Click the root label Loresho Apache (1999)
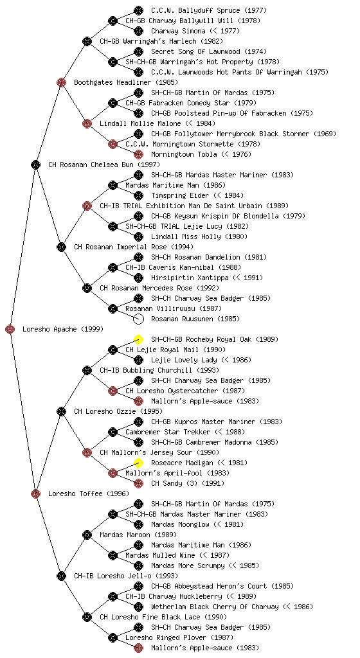tap(63, 330)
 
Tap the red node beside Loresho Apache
tap(10, 330)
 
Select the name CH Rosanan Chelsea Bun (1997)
tap(104, 165)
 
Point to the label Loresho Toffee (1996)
tap(89, 494)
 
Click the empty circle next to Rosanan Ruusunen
tap(138, 319)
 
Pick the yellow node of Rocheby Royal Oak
tap(138, 339)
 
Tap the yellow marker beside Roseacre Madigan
tap(138, 463)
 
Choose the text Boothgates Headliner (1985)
tap(126, 83)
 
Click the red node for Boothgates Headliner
tap(61, 83)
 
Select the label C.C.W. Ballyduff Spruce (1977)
tap(209, 10)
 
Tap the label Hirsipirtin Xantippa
tap(190, 278)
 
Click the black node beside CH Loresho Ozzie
tap(61, 412)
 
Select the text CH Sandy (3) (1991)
tap(188, 483)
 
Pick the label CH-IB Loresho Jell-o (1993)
tap(126, 576)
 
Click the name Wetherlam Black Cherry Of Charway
tap(215, 607)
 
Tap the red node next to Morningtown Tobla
tap(138, 154)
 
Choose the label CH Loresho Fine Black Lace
tap(150, 618)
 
